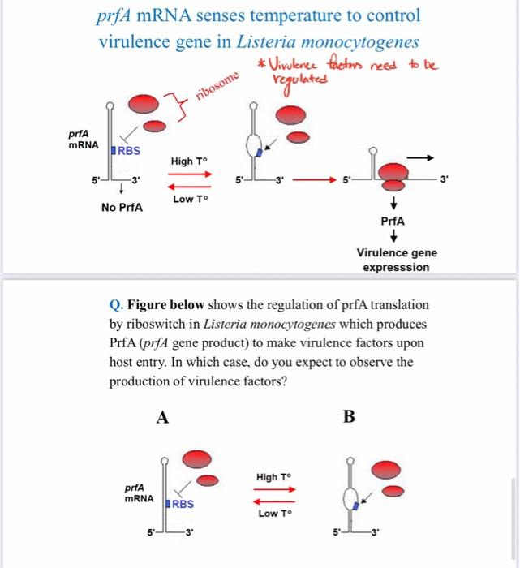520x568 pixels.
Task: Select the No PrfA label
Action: [x=122, y=208]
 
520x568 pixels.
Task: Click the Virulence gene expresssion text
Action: [x=397, y=260]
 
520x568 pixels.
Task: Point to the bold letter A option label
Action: [x=162, y=417]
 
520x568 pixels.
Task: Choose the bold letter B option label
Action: [x=349, y=417]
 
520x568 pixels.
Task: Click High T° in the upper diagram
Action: [x=187, y=161]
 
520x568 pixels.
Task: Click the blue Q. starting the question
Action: [x=115, y=306]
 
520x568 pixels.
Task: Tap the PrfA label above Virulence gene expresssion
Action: [x=393, y=220]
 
